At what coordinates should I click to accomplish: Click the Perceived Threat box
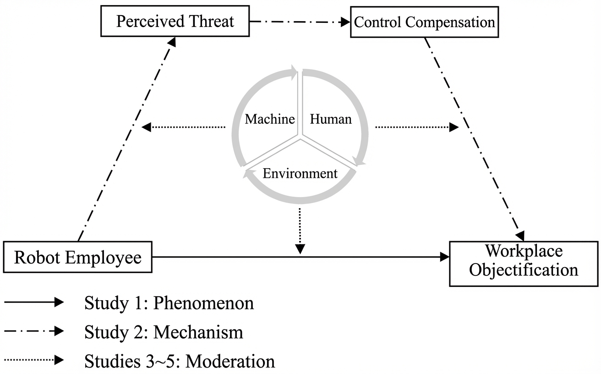point(175,22)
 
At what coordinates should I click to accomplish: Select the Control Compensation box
point(425,22)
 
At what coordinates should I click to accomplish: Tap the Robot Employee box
point(77,257)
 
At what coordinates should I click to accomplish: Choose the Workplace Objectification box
point(524,263)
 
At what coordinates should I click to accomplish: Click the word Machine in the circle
point(269,120)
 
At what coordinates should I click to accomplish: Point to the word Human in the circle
point(331,120)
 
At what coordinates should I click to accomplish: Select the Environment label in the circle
point(300,174)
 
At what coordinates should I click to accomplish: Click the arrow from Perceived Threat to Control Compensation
point(300,22)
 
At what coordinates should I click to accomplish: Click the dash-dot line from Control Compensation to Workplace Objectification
point(474,137)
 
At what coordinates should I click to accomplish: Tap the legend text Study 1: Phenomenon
point(169,303)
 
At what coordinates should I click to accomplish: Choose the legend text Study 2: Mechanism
point(164,332)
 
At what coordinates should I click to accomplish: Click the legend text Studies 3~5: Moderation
point(180,361)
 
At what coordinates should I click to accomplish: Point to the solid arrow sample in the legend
point(33,302)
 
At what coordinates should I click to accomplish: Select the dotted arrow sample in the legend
point(33,360)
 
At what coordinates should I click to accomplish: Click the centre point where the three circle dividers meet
point(300,137)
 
